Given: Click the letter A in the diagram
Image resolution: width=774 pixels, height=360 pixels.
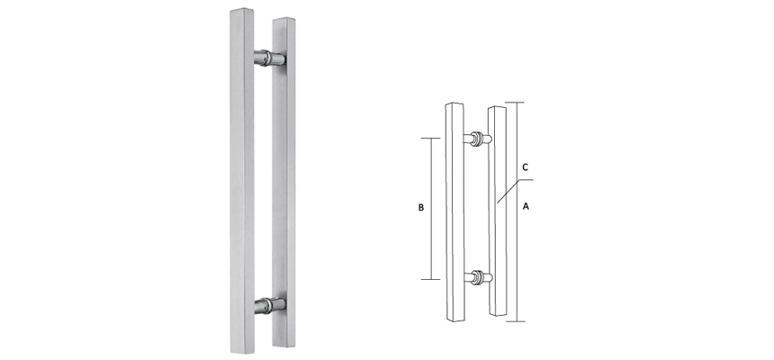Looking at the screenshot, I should pos(526,205).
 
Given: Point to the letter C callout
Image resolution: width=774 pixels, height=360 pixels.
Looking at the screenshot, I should pos(525,168).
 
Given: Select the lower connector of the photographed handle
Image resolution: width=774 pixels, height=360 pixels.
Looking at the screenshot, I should pos(269,305).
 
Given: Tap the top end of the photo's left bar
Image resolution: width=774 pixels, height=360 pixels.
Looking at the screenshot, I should pos(241,13).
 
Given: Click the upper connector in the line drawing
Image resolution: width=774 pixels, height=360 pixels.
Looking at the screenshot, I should pos(477,139).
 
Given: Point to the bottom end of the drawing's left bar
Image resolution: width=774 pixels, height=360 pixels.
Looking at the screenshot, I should pos(454,319).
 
